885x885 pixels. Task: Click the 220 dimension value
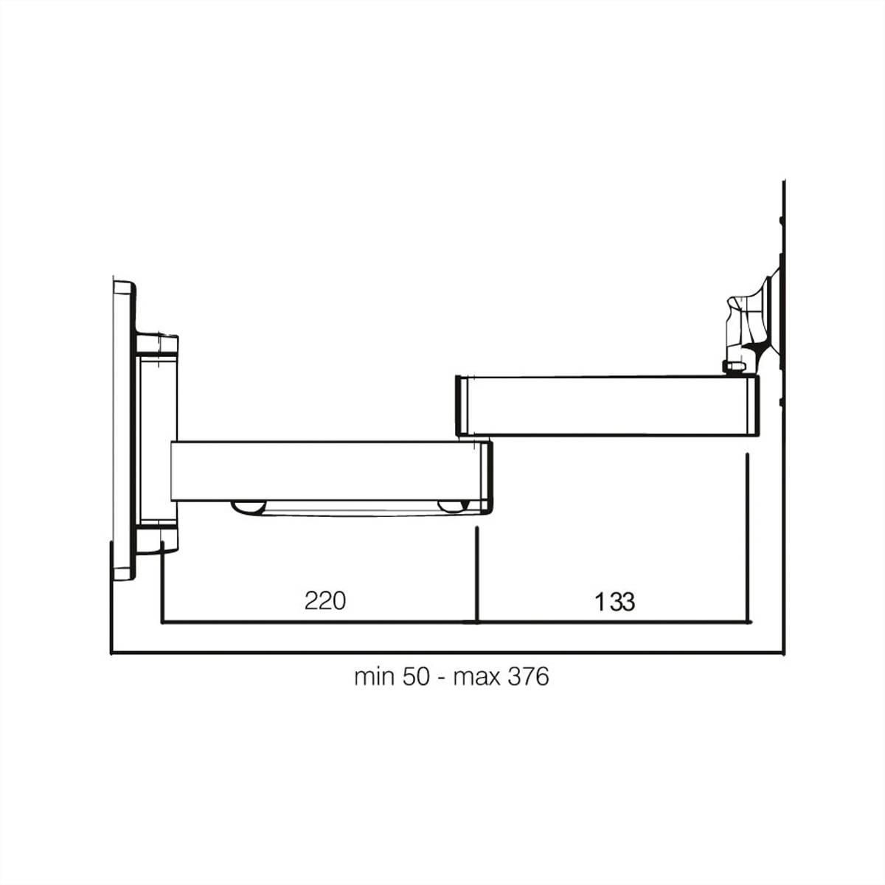(x=324, y=600)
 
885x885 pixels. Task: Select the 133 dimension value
(x=615, y=602)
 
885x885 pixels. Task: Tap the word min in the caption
(x=375, y=676)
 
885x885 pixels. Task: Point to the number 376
(x=528, y=676)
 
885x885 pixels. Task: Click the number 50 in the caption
(x=415, y=676)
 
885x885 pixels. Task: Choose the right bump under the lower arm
(x=453, y=507)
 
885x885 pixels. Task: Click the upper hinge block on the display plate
(x=157, y=344)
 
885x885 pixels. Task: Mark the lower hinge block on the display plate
(x=158, y=537)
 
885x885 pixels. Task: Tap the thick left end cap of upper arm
(x=462, y=406)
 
